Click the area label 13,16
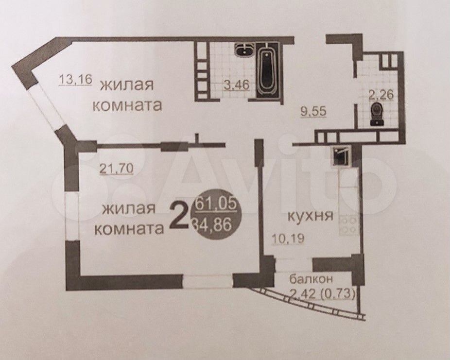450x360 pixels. point(75,80)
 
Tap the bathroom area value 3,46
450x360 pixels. point(236,85)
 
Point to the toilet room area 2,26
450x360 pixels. point(381,94)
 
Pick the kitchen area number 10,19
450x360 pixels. point(288,238)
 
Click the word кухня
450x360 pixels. point(310,216)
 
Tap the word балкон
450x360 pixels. point(311,278)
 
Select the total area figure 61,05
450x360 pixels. point(216,204)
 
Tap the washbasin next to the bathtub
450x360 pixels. point(245,50)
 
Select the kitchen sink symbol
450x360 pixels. point(341,156)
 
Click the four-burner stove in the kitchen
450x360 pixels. point(349,226)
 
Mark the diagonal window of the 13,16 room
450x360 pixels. point(47,106)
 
